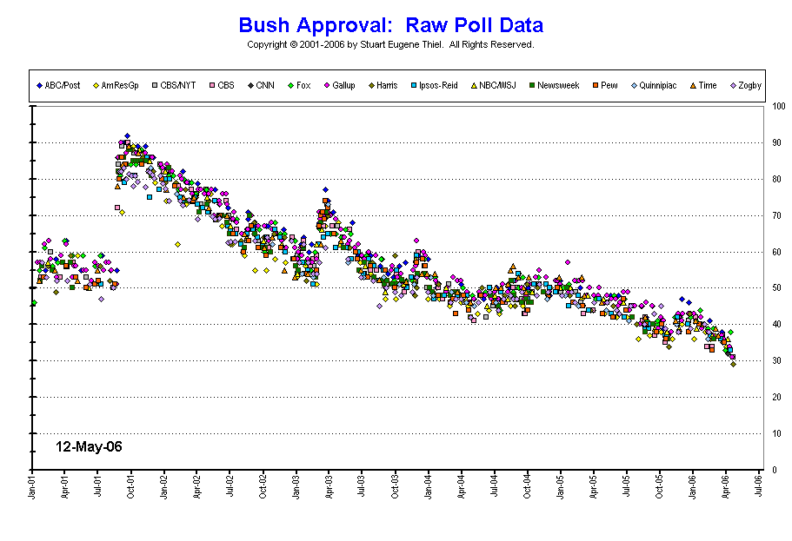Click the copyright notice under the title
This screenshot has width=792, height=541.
(x=390, y=44)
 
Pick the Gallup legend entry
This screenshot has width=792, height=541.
(x=343, y=85)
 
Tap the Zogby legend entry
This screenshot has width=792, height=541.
(x=745, y=85)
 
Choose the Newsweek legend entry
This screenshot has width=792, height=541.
(x=557, y=85)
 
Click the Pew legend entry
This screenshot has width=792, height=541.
(x=609, y=85)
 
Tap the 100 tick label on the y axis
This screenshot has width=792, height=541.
(x=778, y=107)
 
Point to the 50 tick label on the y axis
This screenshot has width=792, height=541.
(x=776, y=288)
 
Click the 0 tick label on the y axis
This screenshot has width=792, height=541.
(x=774, y=470)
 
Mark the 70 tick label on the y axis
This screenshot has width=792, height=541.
(x=776, y=215)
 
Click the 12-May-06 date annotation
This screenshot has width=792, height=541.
(x=89, y=446)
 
